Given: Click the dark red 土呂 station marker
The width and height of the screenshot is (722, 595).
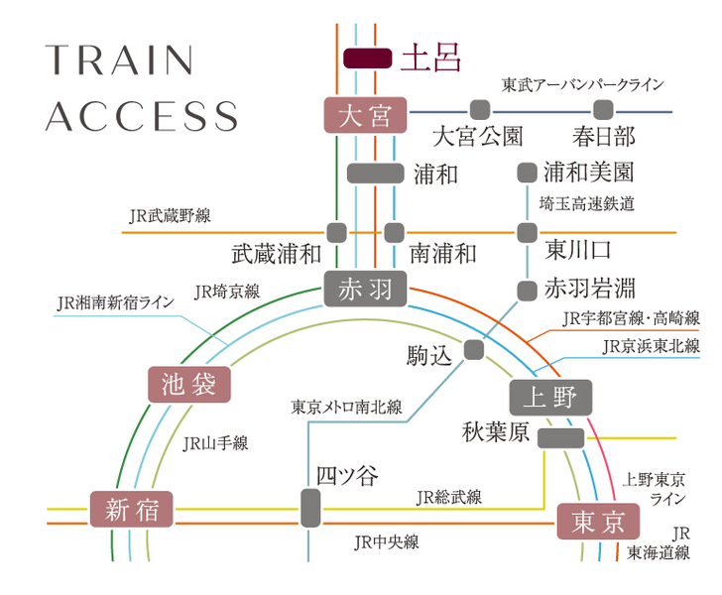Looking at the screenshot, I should point(367,59).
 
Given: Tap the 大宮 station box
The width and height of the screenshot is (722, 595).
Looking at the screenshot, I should point(365,116).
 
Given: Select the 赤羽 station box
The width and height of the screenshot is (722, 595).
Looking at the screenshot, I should point(365,290).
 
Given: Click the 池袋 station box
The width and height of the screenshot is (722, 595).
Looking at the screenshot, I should point(188,384).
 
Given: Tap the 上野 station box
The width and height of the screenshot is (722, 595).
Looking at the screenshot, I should point(550,398).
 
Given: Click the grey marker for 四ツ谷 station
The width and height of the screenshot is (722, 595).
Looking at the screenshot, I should point(310,509).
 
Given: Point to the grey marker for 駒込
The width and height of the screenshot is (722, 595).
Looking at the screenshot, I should point(473,349).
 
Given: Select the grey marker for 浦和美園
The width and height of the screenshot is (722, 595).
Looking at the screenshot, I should point(527,173).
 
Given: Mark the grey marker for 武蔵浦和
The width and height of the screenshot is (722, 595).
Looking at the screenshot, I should point(336,233).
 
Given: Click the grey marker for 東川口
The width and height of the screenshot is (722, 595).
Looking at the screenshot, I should point(527,233).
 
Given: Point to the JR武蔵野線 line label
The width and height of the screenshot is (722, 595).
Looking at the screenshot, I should point(170,215).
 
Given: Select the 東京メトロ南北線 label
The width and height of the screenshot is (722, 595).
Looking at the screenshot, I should point(346,407).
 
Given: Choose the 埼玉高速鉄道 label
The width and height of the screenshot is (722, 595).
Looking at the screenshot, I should point(585,204).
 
